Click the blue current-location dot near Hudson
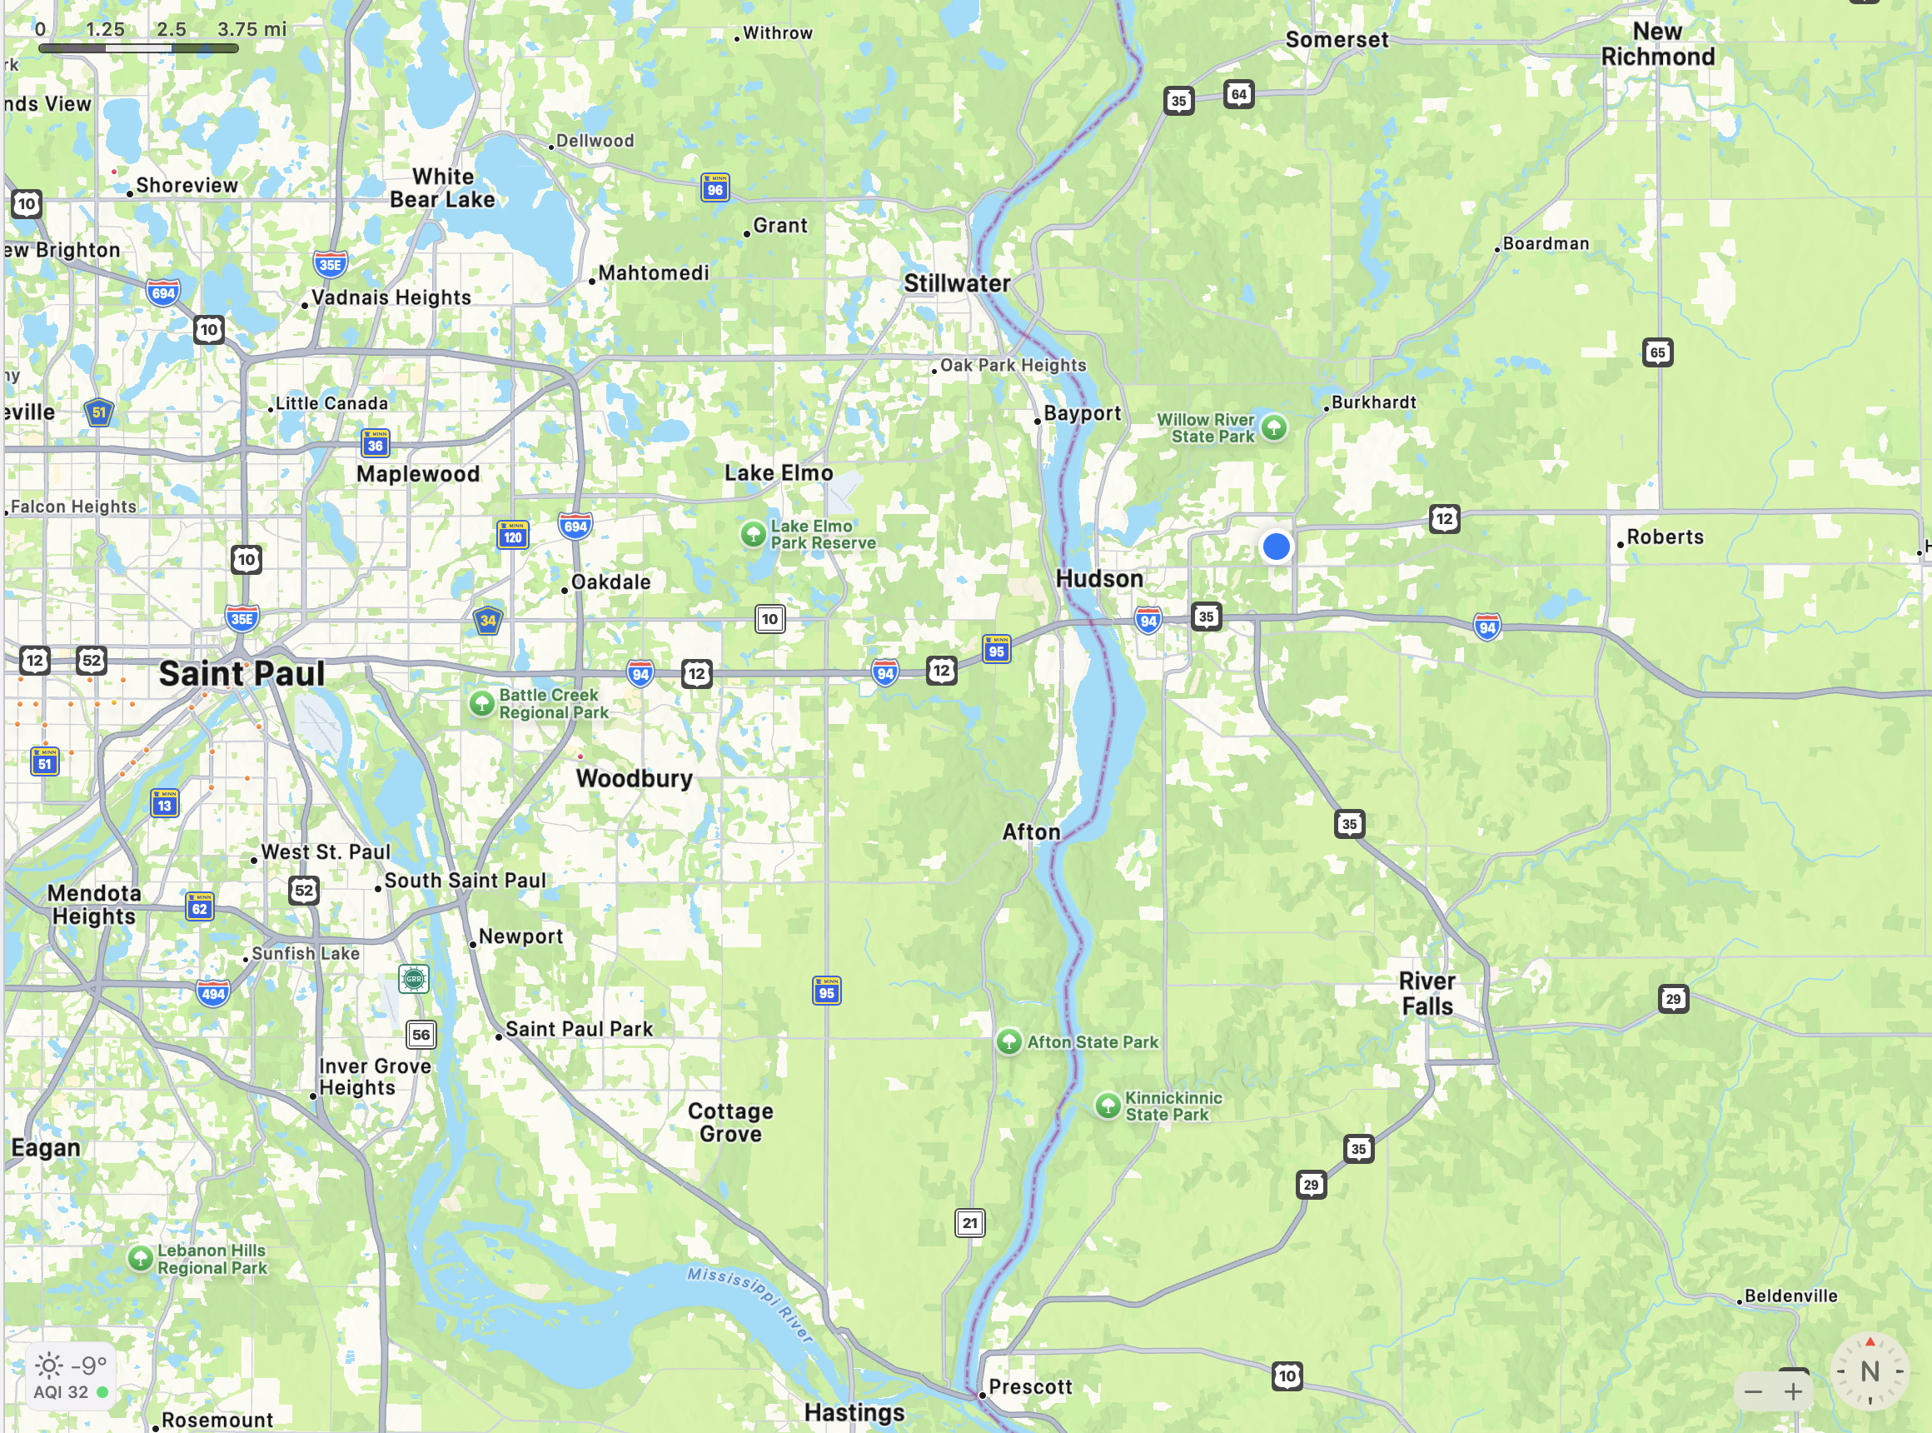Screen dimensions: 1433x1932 [1276, 547]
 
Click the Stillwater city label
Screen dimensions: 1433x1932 [957, 283]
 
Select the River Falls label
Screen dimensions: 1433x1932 [1427, 994]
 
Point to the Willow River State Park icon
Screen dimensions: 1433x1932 [1273, 427]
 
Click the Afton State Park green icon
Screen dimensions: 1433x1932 [1008, 1041]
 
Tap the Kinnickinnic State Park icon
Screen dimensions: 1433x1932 [1108, 1105]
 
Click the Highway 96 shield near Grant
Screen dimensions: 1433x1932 [715, 187]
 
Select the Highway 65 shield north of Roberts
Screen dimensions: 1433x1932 [1657, 352]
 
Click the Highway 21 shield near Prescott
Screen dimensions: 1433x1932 [969, 1223]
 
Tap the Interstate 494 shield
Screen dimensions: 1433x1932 [213, 994]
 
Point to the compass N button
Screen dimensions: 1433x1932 [1870, 1371]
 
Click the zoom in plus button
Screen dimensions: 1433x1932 [1793, 1392]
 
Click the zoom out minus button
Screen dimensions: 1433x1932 [1752, 1392]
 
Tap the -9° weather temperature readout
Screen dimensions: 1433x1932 [88, 1366]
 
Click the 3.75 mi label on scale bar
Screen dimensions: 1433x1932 [251, 29]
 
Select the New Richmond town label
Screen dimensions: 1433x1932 [1657, 44]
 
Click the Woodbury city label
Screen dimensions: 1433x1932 [634, 779]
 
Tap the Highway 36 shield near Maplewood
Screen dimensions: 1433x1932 [375, 444]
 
